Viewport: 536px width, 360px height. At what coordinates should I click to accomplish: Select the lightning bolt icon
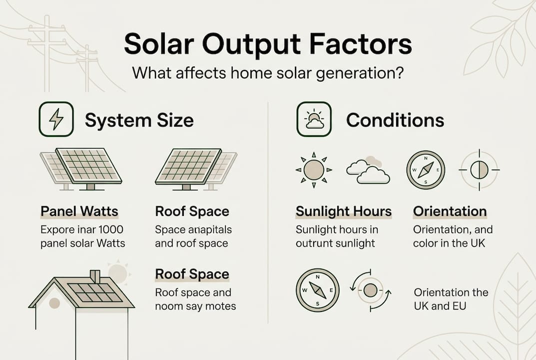[56, 119]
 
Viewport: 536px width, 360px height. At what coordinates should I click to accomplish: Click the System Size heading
[139, 120]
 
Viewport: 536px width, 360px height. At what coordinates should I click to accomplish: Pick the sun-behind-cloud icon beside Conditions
[314, 119]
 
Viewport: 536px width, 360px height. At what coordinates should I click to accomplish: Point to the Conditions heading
[395, 120]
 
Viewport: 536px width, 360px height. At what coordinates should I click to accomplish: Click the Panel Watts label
[79, 211]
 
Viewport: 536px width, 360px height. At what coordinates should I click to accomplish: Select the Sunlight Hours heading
[344, 211]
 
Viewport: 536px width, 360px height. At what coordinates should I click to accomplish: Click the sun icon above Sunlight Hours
[314, 170]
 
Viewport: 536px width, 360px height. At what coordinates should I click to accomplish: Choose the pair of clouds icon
[368, 171]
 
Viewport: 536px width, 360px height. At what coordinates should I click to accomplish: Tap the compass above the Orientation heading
[426, 170]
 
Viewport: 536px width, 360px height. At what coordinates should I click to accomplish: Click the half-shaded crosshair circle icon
[479, 170]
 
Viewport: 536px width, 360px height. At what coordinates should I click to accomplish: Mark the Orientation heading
[450, 211]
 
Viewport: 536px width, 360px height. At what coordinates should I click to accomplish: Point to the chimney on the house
[94, 276]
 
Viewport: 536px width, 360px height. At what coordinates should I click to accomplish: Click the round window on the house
[54, 303]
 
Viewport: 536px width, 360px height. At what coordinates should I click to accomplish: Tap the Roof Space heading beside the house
[192, 274]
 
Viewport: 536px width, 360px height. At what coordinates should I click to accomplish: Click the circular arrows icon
[370, 290]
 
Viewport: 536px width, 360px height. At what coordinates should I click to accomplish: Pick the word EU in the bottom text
[458, 305]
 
